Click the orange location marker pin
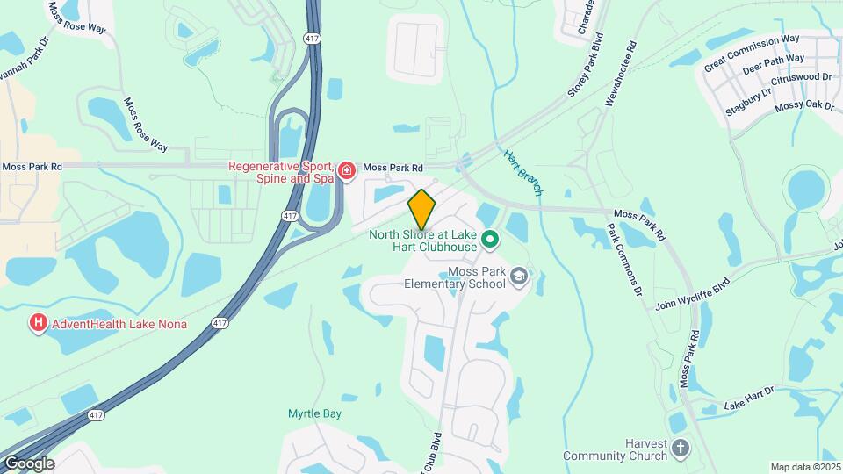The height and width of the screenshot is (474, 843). [x=421, y=210]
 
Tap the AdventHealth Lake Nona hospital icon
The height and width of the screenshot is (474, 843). [x=39, y=324]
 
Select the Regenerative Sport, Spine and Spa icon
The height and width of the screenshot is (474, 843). [x=347, y=169]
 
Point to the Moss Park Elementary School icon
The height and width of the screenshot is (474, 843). [x=519, y=277]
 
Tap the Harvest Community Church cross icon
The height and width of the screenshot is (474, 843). [x=681, y=450]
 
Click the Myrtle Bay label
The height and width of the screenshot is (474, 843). [x=314, y=413]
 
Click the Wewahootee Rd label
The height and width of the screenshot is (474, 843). [x=620, y=73]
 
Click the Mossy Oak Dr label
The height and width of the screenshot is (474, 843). [x=803, y=105]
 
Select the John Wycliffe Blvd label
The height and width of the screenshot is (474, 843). [x=693, y=295]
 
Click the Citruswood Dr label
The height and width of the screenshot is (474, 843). [x=801, y=78]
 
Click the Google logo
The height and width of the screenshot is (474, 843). [x=28, y=463]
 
